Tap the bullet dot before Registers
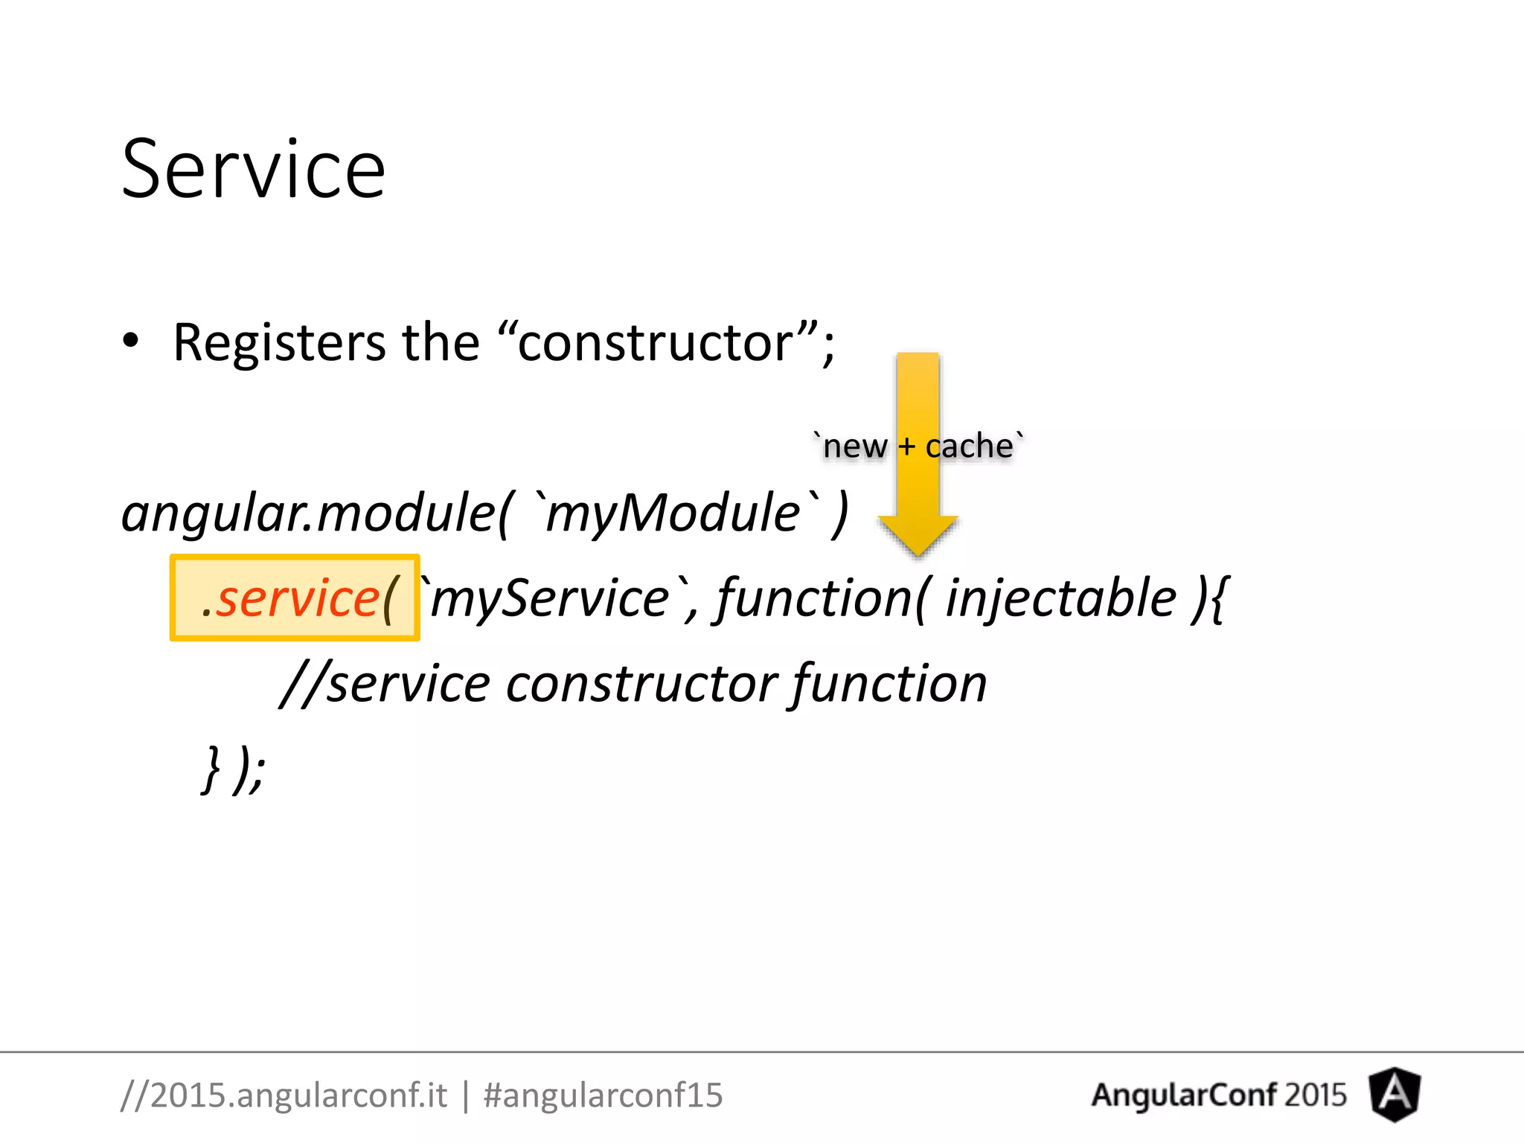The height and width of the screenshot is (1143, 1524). click(x=131, y=342)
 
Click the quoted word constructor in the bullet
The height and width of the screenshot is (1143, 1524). click(x=656, y=343)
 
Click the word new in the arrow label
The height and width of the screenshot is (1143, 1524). click(x=854, y=446)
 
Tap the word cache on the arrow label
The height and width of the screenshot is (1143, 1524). click(x=969, y=446)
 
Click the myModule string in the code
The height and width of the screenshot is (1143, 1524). click(x=673, y=513)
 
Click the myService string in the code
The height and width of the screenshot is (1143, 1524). click(x=551, y=598)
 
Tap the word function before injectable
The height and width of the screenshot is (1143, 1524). click(x=814, y=598)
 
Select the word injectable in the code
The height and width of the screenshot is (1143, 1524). click(x=1060, y=598)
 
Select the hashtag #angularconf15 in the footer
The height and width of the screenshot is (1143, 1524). click(x=603, y=1095)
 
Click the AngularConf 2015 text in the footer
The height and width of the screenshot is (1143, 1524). click(x=1218, y=1095)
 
